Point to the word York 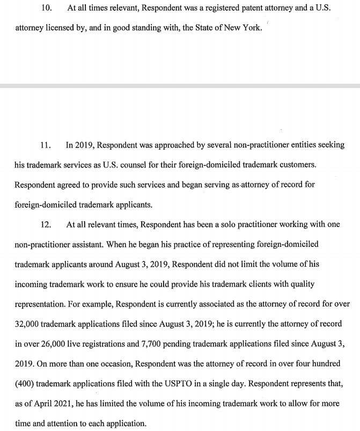[251, 28]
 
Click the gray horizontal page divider [180, 85]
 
